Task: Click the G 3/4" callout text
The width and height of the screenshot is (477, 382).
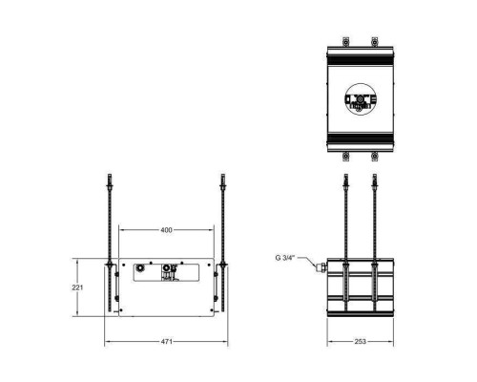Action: tap(284, 257)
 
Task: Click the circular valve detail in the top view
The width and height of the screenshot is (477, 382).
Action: tap(361, 98)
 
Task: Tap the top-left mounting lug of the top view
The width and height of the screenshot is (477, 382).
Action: tap(343, 41)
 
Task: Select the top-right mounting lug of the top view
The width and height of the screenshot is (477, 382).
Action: tap(375, 41)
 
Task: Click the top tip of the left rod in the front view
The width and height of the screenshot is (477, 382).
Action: tap(112, 176)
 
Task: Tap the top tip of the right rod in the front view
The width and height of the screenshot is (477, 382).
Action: tap(223, 176)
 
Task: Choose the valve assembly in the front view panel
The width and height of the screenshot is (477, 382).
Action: tap(170, 272)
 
